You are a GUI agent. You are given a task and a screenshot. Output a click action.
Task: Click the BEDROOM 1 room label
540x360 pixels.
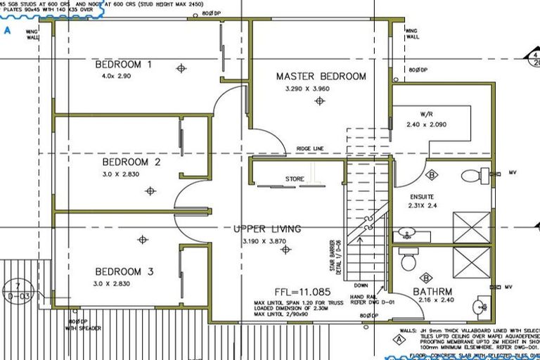coord(124,65)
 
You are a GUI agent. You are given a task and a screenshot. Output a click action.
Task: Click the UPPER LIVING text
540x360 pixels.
coord(267,229)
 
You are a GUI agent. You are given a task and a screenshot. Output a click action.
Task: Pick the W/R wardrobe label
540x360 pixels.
coord(427,114)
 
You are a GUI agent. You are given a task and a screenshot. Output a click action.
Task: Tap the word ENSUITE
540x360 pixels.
coord(423,196)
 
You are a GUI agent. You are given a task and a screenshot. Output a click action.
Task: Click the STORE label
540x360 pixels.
coord(295,179)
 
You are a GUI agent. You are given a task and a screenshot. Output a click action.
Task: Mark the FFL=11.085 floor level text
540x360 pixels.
coord(301,291)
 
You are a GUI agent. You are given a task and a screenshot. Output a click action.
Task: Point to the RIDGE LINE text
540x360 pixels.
coord(309,149)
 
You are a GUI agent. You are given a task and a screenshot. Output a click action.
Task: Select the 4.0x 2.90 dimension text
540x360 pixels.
coord(117,76)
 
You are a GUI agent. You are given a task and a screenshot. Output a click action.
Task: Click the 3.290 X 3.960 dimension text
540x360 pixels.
coord(307,89)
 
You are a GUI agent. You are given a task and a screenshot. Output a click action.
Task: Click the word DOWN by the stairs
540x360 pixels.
coord(361,285)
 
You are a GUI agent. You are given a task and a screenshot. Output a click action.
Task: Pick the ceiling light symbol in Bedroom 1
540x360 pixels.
coord(181,68)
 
